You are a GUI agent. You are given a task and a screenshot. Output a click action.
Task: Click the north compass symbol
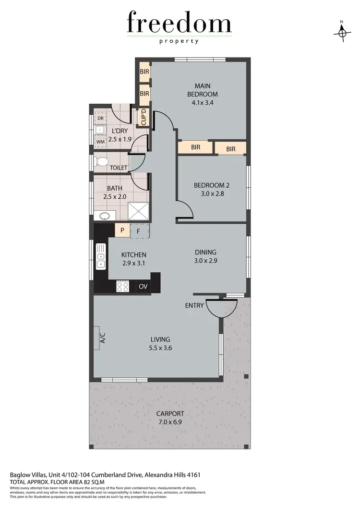point(342,32)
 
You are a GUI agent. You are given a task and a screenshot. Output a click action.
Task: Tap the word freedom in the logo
point(179,24)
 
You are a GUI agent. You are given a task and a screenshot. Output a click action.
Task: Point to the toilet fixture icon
point(100,161)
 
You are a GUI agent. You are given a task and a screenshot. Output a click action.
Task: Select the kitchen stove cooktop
point(123,287)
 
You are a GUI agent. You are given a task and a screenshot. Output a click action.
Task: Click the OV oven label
point(143,287)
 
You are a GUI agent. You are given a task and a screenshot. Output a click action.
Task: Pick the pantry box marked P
point(122,230)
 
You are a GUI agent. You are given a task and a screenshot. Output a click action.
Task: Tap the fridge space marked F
point(139,230)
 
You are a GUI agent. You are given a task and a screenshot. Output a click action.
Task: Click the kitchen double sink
point(101,255)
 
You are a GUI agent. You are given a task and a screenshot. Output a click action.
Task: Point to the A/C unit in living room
point(102,339)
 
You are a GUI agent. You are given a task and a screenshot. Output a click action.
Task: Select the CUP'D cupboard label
point(144,118)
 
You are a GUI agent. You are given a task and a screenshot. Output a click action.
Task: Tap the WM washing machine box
point(101,142)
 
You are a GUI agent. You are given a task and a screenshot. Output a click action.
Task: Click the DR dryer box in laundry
point(101,118)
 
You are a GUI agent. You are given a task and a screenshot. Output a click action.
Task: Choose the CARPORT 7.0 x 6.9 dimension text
point(170,422)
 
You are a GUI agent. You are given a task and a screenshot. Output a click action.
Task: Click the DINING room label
point(205,252)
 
